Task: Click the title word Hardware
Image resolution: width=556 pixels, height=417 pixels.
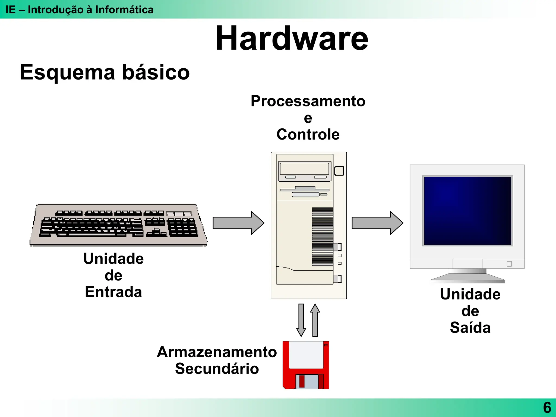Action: pos(292,39)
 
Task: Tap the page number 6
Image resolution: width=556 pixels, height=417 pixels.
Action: pos(547,407)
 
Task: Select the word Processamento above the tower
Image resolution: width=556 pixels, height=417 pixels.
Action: pos(308,101)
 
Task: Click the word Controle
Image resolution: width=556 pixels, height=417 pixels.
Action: pos(308,135)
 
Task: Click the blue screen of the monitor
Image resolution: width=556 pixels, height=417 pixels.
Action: pos(467,211)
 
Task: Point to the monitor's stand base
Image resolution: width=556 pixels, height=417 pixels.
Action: pos(467,278)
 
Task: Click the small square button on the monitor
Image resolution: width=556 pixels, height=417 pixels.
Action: pos(509,264)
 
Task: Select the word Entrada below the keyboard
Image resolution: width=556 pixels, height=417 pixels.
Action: pos(113,292)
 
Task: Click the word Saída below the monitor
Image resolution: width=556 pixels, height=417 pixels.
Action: pos(470,328)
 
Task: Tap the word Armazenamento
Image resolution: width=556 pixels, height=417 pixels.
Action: pos(217,352)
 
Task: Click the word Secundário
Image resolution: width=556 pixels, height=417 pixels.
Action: pos(217,369)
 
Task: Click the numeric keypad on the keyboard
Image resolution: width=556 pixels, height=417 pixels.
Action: pos(182,228)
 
